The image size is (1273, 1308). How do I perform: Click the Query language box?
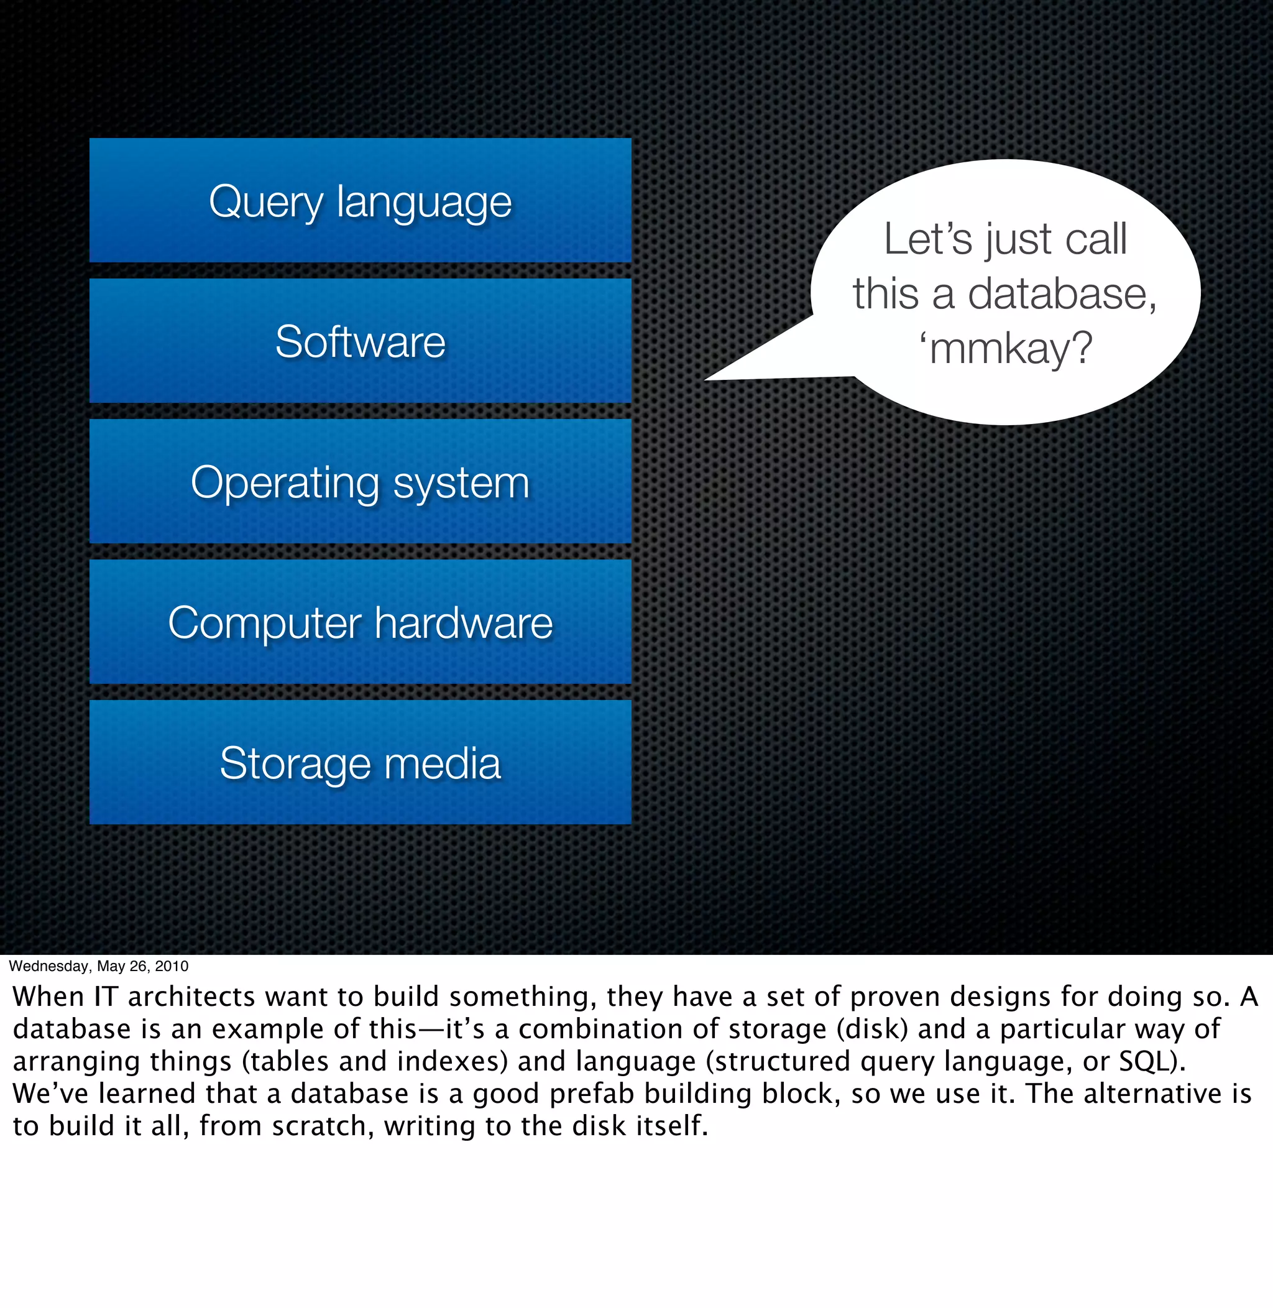[361, 201]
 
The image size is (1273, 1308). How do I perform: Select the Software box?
[361, 341]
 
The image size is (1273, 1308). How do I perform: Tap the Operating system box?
[361, 481]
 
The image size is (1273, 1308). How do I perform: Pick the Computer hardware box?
[361, 622]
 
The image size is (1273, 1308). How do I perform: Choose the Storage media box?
[361, 762]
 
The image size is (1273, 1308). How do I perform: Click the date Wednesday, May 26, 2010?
[98, 965]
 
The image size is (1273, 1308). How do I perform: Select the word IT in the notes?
[106, 997]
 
